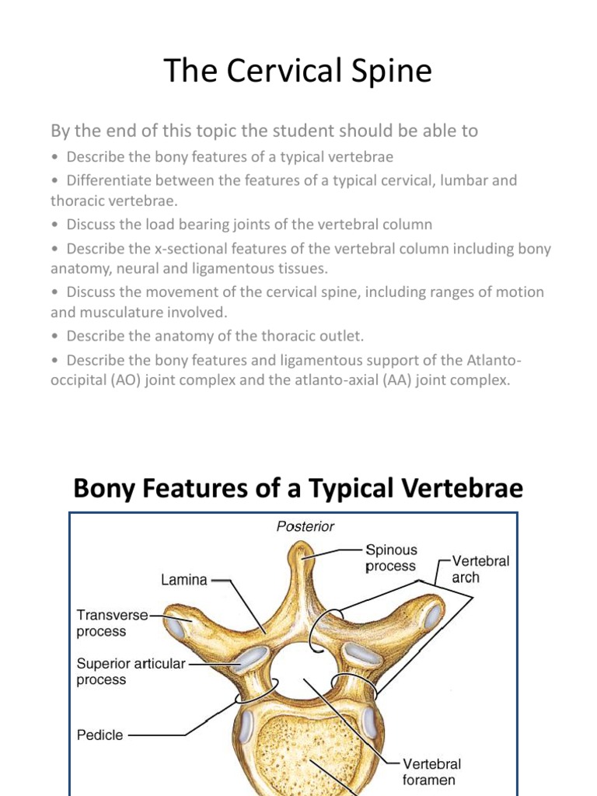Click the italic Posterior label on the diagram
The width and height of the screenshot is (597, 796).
point(305,526)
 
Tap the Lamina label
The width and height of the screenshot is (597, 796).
point(184,579)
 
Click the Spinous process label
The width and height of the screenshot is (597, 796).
point(391,558)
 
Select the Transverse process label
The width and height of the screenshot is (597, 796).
point(112,623)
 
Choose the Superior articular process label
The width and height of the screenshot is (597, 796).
point(131,672)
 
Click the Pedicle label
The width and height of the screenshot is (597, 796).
point(99,734)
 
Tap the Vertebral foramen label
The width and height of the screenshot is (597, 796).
point(431,771)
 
